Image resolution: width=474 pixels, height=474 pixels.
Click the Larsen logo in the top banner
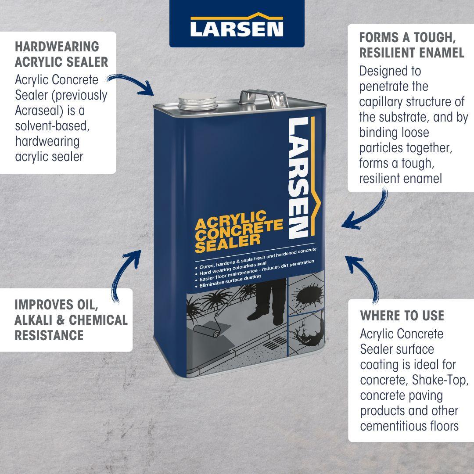click(237, 25)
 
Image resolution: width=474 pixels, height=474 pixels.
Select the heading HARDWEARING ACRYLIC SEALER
click(61, 54)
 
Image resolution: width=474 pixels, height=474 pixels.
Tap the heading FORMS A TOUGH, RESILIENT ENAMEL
click(412, 45)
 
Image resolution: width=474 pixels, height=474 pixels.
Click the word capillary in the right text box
click(382, 102)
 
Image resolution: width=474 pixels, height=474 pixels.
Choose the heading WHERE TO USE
click(402, 316)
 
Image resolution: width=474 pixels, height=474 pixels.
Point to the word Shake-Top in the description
click(444, 380)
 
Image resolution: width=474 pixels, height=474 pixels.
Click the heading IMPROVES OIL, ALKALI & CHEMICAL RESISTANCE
click(71, 320)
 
